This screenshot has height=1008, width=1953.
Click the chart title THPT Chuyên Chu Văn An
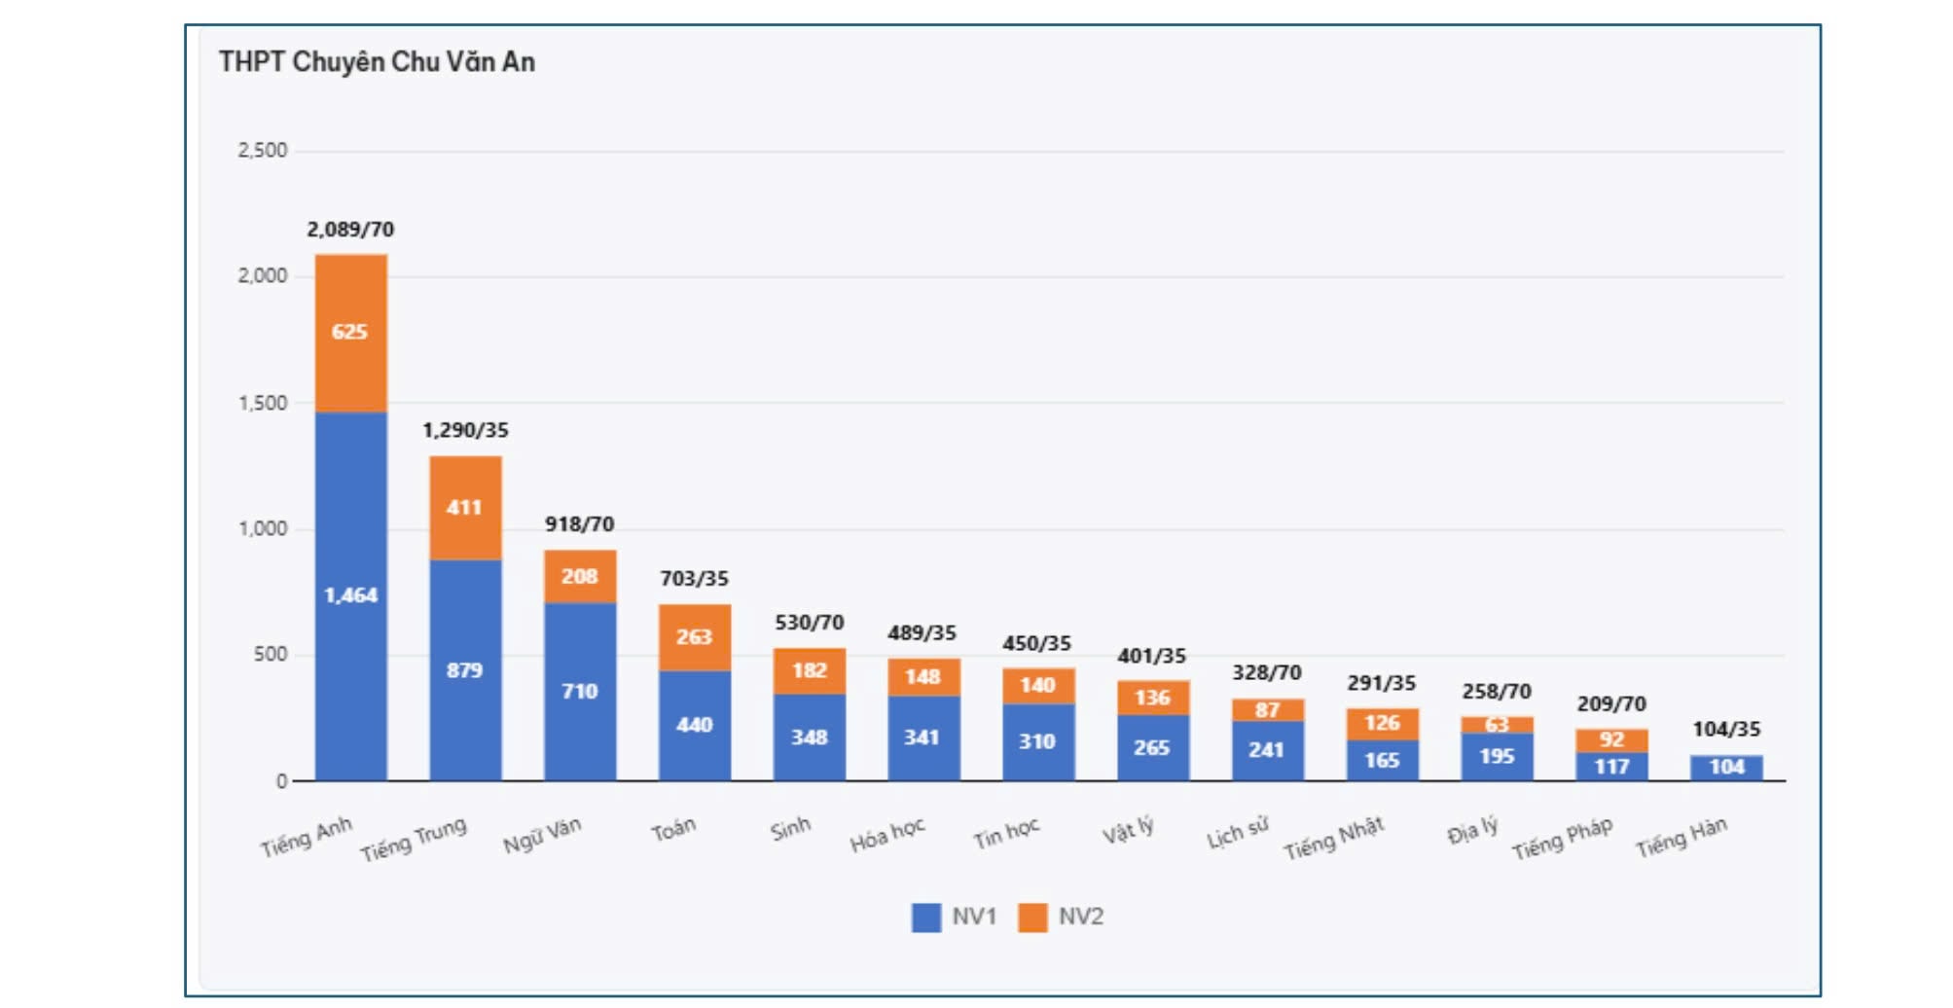pos(377,62)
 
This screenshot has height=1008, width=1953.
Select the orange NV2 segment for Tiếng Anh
pos(350,333)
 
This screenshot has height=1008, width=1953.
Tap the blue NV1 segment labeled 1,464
pos(350,595)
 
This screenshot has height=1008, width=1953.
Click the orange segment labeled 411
pos(465,508)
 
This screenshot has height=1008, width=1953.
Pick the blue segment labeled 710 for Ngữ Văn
pos(580,691)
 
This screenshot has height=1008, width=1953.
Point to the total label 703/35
pos(694,579)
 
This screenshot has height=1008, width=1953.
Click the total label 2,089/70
pos(350,230)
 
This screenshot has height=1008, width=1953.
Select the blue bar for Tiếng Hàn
pos(1726,768)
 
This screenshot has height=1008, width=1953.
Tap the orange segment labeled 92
pos(1611,740)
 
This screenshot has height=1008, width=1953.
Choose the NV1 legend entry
pos(955,918)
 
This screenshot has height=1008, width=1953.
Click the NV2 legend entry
pos(1062,918)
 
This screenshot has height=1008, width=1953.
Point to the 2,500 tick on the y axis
pos(263,151)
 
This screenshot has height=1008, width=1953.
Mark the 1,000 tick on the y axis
pos(263,529)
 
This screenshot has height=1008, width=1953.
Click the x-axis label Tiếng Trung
pos(414,840)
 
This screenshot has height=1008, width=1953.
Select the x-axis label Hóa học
pos(886,836)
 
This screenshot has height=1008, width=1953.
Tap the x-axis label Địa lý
pos(1471,832)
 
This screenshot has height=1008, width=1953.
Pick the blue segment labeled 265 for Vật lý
pos(1152,747)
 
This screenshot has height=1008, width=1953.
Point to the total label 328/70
pos(1266,673)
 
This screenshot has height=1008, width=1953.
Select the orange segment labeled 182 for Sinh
pos(809,671)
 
